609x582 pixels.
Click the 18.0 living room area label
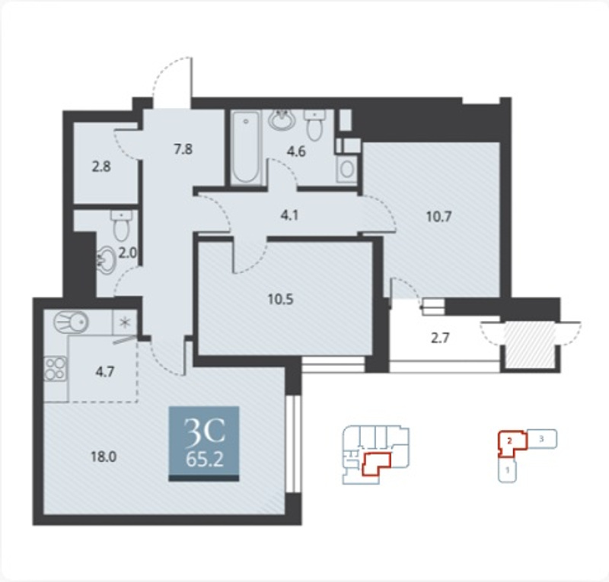pyautogui.click(x=104, y=457)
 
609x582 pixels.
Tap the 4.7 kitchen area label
pyautogui.click(x=105, y=372)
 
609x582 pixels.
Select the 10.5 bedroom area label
pyautogui.click(x=280, y=299)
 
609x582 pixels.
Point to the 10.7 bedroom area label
pyautogui.click(x=439, y=217)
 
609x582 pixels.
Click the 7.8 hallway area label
pyautogui.click(x=183, y=148)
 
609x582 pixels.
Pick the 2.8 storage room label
pyautogui.click(x=101, y=167)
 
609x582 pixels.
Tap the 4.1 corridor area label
pyautogui.click(x=289, y=215)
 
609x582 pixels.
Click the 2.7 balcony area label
pyautogui.click(x=441, y=338)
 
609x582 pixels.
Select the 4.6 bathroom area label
pyautogui.click(x=296, y=151)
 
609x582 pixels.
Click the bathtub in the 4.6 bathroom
pyautogui.click(x=246, y=147)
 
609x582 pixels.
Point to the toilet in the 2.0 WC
pyautogui.click(x=122, y=226)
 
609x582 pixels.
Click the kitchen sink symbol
pyautogui.click(x=71, y=323)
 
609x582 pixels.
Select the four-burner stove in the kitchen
pyautogui.click(x=56, y=369)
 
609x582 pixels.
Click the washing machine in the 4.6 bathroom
pyautogui.click(x=346, y=169)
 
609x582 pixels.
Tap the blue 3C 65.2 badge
pyautogui.click(x=204, y=444)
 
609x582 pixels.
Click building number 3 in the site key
pyautogui.click(x=542, y=439)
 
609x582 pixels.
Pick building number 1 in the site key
pyautogui.click(x=507, y=470)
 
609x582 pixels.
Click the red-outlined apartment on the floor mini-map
pyautogui.click(x=376, y=464)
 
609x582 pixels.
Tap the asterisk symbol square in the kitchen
pyautogui.click(x=125, y=323)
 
